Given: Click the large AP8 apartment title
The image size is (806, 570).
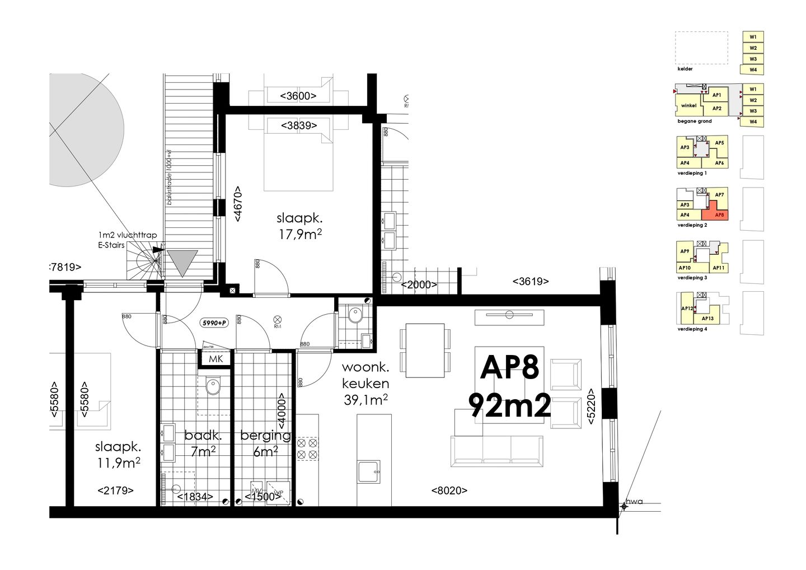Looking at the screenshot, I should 509,368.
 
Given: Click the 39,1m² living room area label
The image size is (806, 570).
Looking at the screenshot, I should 367,400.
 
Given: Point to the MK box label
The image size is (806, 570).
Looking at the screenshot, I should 215,359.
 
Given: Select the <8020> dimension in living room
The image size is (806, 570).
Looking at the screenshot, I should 449,490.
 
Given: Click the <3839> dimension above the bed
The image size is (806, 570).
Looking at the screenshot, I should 298,125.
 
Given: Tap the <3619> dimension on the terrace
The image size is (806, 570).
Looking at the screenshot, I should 530,282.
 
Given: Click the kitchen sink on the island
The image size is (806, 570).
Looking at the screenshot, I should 369,472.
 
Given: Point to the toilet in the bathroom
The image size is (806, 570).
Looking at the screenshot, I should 213,386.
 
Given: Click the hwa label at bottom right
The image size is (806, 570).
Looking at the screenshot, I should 634,502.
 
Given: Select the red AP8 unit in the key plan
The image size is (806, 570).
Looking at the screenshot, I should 719,215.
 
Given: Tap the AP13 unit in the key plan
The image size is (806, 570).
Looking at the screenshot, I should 707,319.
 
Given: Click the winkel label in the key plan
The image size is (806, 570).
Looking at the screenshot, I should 688,105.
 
